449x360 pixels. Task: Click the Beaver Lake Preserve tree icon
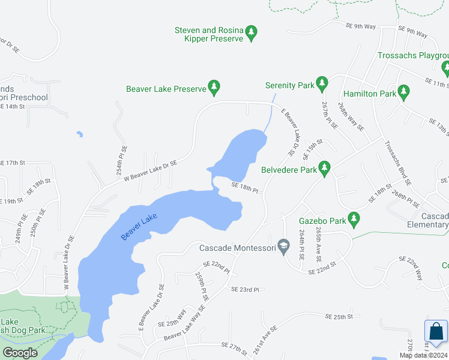point(214,88)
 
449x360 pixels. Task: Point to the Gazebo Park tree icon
point(354,220)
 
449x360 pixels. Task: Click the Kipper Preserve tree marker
point(252,33)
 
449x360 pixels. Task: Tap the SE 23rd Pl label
point(245,289)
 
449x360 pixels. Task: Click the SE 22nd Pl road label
point(217,266)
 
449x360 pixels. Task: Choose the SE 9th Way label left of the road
point(360,26)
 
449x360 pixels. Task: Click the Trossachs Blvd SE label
point(397,163)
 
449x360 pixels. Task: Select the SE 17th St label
point(13,163)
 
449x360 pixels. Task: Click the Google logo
point(20,353)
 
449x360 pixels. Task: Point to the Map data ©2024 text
point(423,355)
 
